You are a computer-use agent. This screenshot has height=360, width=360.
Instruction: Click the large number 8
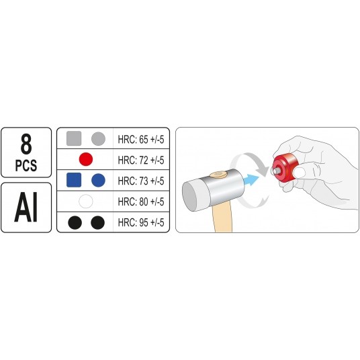click(26, 144)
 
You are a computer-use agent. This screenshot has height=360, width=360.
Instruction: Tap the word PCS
click(26, 165)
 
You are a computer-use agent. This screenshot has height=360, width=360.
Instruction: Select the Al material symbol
click(26, 208)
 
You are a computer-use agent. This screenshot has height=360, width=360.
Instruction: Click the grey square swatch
click(74, 138)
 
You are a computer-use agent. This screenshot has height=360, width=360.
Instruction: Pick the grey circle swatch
click(98, 138)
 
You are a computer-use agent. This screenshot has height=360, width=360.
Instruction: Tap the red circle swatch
click(86, 159)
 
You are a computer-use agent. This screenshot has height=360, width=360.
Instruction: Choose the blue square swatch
click(74, 180)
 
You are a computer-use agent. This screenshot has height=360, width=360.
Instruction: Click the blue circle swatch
click(98, 180)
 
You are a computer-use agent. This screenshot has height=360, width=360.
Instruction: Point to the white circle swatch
click(86, 201)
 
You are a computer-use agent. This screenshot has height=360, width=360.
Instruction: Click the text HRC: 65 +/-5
click(141, 139)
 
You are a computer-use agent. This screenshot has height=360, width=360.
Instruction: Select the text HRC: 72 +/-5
click(141, 160)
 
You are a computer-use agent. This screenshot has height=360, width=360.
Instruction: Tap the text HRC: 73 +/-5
click(141, 181)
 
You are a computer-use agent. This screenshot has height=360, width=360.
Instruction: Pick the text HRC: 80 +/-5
click(141, 201)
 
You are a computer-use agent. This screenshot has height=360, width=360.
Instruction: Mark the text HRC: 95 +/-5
click(141, 222)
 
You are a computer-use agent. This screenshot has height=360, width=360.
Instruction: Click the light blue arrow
click(251, 180)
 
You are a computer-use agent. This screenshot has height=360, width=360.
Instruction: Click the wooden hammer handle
click(222, 218)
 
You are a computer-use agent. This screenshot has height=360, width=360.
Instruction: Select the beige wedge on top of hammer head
click(218, 175)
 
